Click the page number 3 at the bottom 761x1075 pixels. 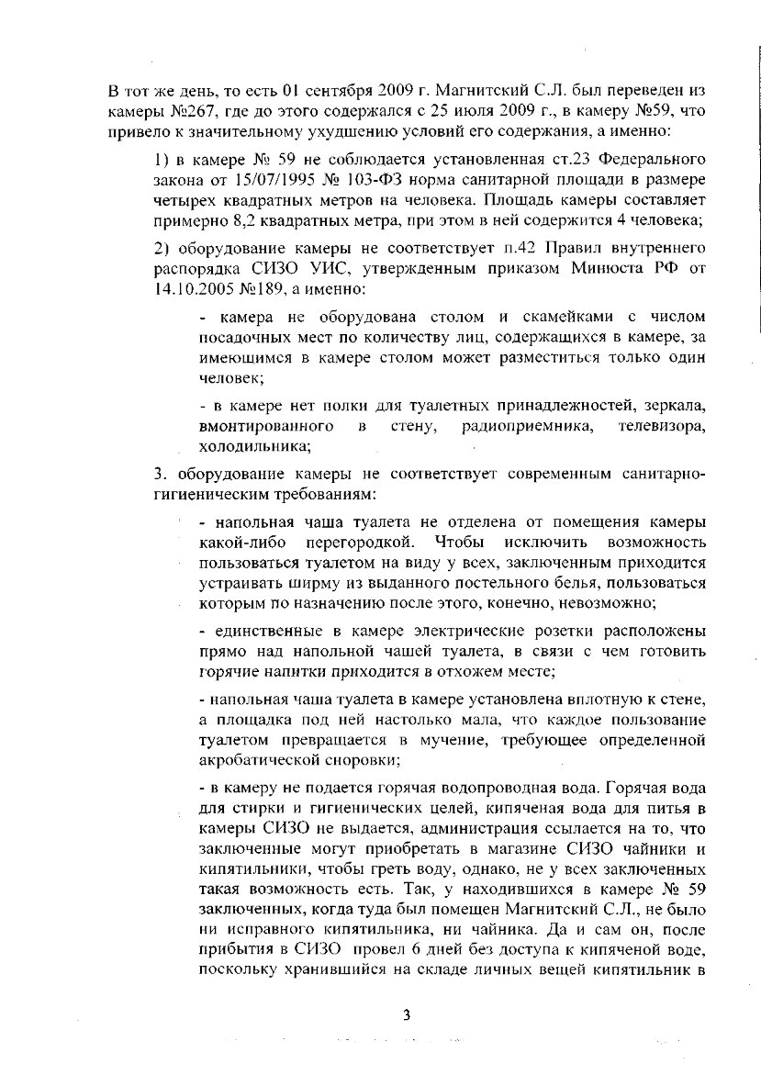click(x=406, y=1014)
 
